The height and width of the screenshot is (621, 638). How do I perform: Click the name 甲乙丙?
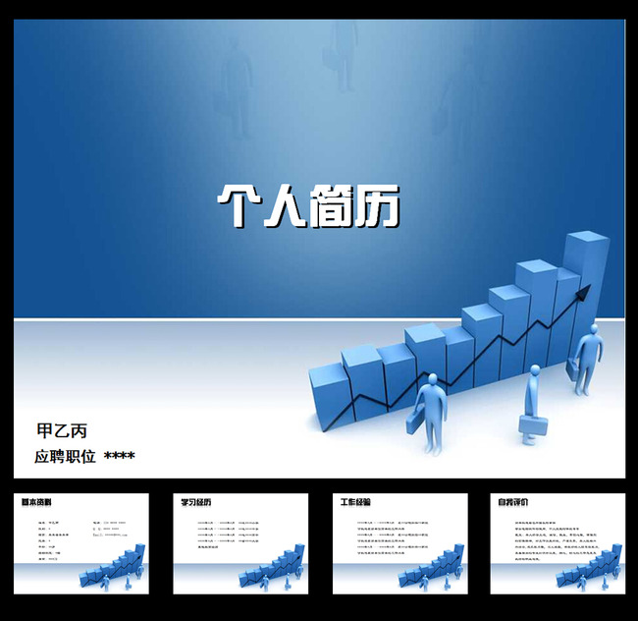tap(62, 430)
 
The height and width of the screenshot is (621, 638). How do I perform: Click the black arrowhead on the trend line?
tap(584, 291)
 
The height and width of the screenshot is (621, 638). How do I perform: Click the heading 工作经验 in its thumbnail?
tap(355, 502)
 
